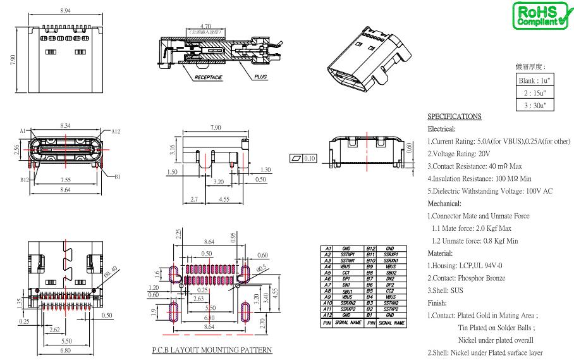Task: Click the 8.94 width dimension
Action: click(64, 11)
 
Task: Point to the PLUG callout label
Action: click(260, 77)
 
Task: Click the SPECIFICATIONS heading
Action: click(455, 116)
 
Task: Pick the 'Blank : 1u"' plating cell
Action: click(535, 80)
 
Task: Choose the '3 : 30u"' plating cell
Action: click(535, 105)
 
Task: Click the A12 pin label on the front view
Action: click(116, 132)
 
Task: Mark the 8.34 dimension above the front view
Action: click(65, 127)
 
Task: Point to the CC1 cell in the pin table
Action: click(346, 272)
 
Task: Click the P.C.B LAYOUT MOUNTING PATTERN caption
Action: click(212, 349)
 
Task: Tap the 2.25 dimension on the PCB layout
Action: click(179, 235)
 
